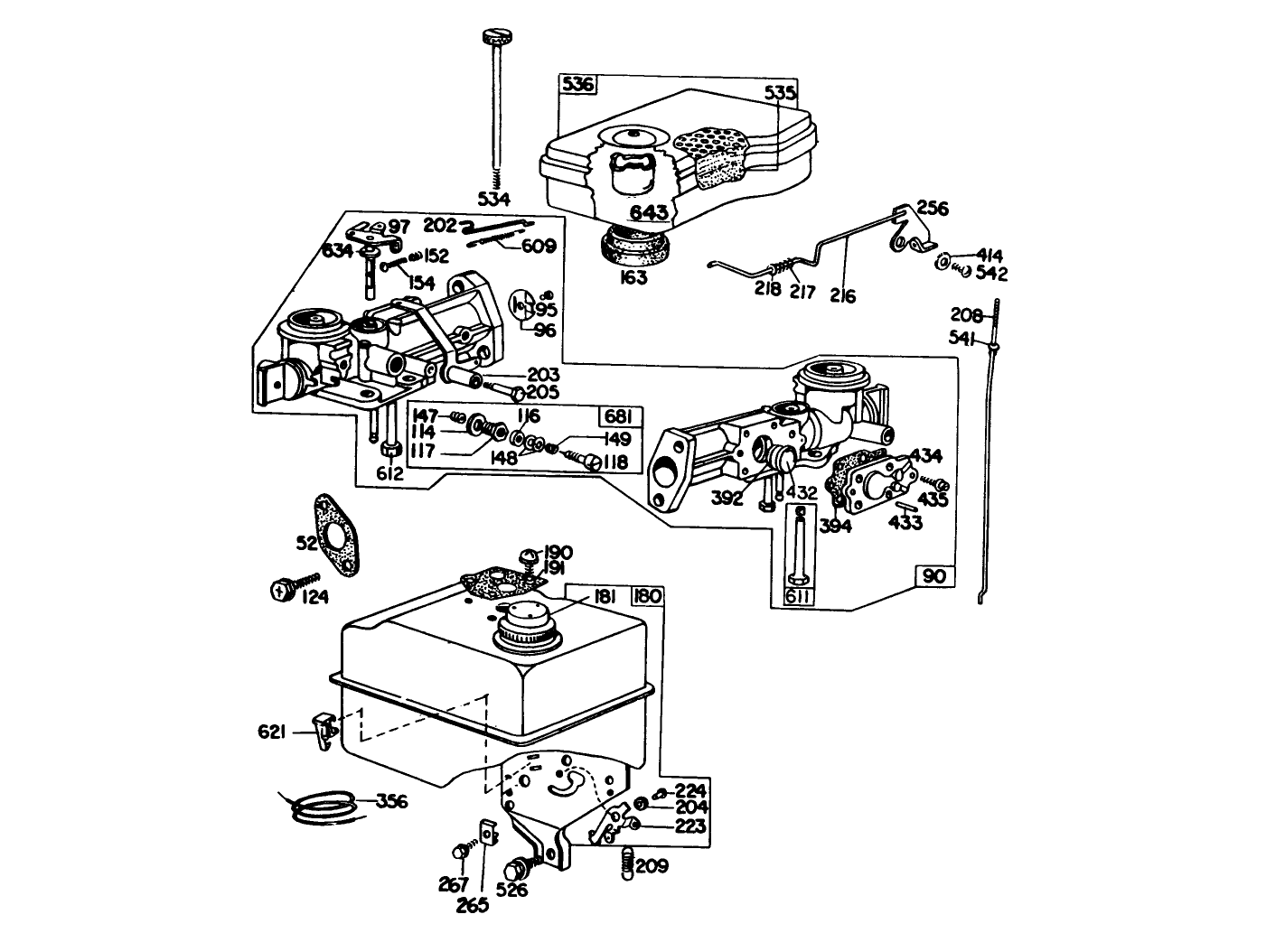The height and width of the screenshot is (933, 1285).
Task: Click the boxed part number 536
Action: (x=578, y=85)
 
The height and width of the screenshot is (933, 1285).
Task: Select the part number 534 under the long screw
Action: (x=494, y=199)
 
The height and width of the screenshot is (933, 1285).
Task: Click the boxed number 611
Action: (x=797, y=596)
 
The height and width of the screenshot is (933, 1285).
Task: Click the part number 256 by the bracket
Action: (x=932, y=209)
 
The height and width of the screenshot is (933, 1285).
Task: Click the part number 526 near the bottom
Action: (x=511, y=891)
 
